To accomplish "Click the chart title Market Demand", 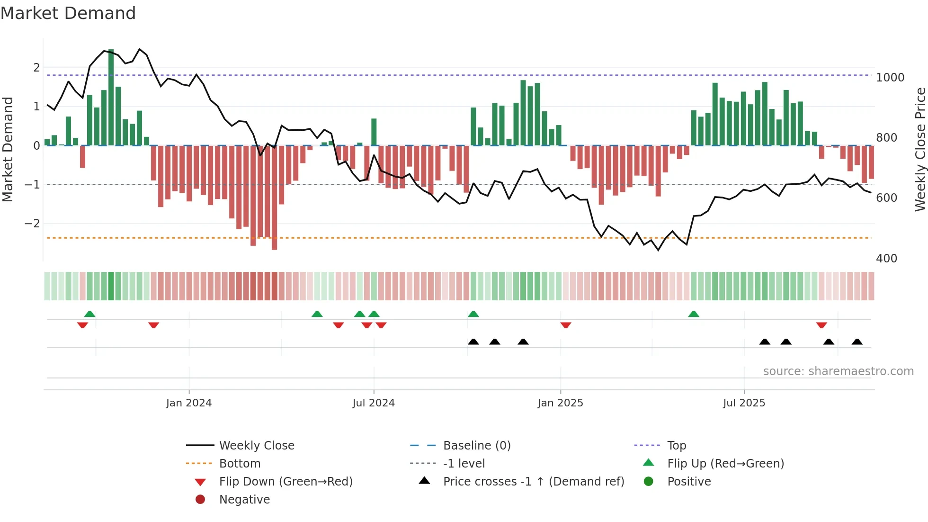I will [68, 13].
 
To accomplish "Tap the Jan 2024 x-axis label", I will [188, 403].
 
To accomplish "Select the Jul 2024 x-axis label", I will [373, 403].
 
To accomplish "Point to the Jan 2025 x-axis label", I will [560, 403].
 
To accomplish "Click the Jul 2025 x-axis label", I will [744, 403].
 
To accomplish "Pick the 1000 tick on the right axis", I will [890, 78].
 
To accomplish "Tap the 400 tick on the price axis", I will [886, 259].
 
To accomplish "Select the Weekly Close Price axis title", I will [920, 149].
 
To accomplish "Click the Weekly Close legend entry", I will [256, 446].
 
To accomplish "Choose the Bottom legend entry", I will [240, 464].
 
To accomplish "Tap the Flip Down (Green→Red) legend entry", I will [286, 482].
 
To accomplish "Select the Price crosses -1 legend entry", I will [533, 482].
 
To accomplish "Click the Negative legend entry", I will [244, 500].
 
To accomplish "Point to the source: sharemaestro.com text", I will [838, 371].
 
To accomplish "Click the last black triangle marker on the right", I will [857, 342].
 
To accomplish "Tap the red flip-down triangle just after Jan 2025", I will [565, 325].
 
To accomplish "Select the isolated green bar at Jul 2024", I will [374, 132].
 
